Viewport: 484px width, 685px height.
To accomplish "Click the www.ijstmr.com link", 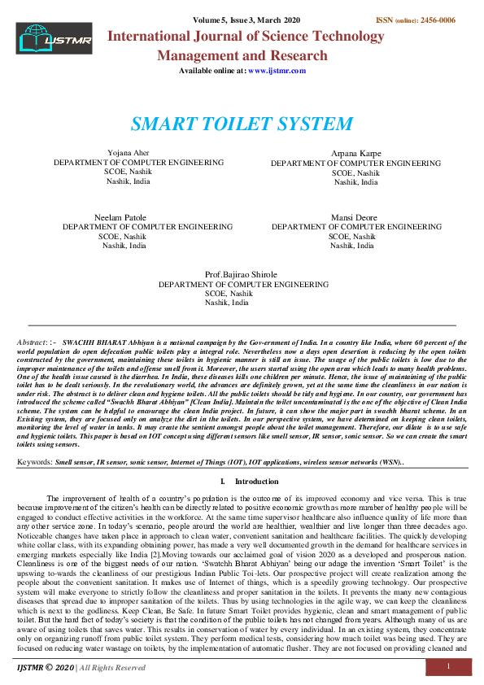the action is pyautogui.click(x=277, y=71).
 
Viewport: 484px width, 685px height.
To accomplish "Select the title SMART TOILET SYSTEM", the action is pyautogui.click(x=242, y=124).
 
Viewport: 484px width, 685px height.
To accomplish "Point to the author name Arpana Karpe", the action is pyautogui.click(x=355, y=154).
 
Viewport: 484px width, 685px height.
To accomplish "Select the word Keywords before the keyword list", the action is pyautogui.click(x=34, y=461).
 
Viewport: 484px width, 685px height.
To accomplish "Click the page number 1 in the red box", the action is pyautogui.click(x=448, y=666).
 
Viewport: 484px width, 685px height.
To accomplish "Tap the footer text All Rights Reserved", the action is pyautogui.click(x=112, y=667).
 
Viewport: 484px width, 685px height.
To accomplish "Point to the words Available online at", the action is pyautogui.click(x=212, y=71).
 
